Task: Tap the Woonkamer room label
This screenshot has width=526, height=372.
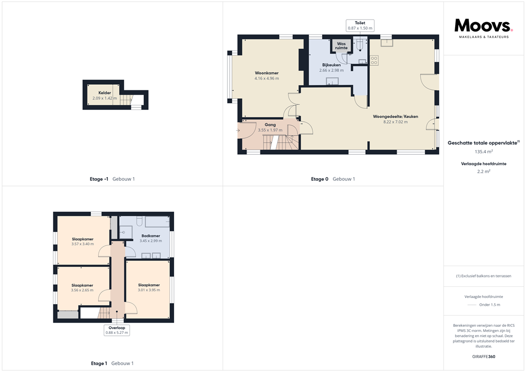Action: click(x=267, y=76)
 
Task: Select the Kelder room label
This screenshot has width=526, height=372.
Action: click(x=104, y=96)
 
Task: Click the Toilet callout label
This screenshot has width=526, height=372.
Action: click(x=360, y=26)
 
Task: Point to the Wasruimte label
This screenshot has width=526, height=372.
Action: click(x=341, y=46)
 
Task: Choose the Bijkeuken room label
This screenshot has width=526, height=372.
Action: click(x=331, y=67)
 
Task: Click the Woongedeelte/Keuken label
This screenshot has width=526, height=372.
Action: click(x=395, y=119)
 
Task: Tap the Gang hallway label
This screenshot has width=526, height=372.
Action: click(x=270, y=127)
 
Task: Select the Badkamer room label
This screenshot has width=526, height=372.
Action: click(x=151, y=238)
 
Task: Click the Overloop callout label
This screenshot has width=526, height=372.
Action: click(x=117, y=330)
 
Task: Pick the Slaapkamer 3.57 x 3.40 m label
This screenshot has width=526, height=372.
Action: click(x=82, y=241)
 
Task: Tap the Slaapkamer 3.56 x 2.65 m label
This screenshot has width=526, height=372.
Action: click(x=82, y=288)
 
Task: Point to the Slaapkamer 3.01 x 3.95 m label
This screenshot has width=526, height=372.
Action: click(x=148, y=287)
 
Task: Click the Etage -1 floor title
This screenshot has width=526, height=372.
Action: click(x=99, y=179)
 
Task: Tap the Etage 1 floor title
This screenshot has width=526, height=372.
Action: click(x=99, y=363)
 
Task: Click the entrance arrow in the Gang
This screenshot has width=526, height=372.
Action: click(x=238, y=131)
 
